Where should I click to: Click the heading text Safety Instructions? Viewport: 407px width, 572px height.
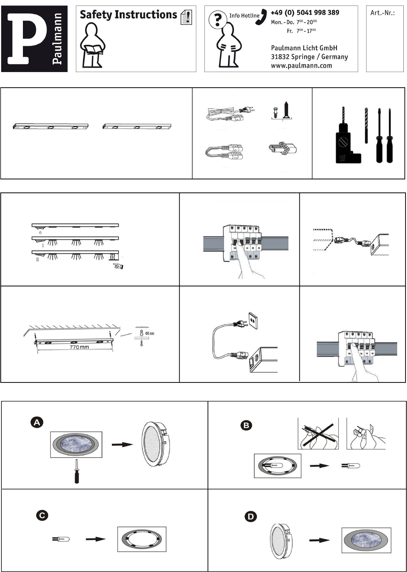(128, 15)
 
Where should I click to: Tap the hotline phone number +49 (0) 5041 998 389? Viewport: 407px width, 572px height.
(305, 12)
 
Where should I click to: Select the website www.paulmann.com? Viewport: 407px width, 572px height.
(302, 65)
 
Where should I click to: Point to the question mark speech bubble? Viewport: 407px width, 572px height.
(218, 19)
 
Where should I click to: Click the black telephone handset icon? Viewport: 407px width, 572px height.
(261, 17)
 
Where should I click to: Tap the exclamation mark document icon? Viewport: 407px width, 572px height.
(186, 17)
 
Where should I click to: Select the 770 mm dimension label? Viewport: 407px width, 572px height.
(79, 347)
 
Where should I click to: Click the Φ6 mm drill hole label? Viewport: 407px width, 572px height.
(150, 333)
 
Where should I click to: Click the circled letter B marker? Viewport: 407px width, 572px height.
(246, 425)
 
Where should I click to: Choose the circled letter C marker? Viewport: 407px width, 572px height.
(42, 515)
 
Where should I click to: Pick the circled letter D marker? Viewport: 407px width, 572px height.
(251, 517)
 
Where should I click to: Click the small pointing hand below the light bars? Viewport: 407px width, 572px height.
(118, 266)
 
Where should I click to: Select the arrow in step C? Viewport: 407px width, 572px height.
(96, 539)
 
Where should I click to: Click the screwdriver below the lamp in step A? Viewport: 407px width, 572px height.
(76, 471)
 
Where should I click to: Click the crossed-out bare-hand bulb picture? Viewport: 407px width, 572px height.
(318, 433)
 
